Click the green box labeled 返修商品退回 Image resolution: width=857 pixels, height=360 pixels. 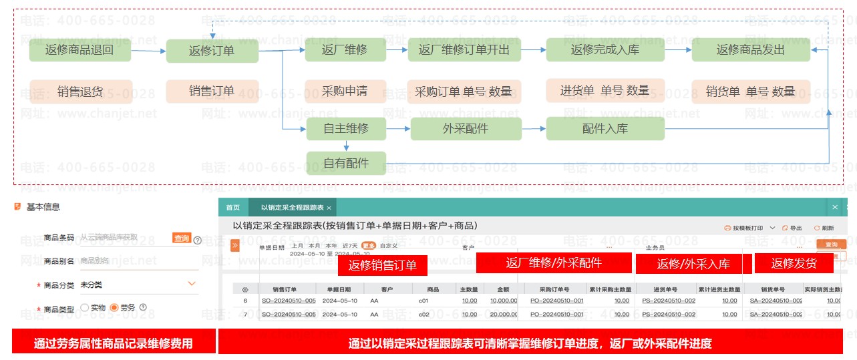[x=79, y=50]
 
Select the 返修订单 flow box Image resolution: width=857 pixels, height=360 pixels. [x=212, y=51]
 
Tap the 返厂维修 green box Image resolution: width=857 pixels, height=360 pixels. [x=345, y=50]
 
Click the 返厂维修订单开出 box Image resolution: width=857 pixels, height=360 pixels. [x=464, y=50]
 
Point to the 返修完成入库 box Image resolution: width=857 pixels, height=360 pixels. [x=605, y=50]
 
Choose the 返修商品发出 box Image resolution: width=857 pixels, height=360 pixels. [x=750, y=50]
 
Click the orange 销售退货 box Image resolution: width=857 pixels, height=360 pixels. [x=80, y=92]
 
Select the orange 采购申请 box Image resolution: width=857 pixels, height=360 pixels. [x=345, y=92]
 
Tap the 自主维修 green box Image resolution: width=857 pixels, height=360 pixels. [x=346, y=128]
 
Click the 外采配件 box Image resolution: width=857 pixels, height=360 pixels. [x=465, y=128]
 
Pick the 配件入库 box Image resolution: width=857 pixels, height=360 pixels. [x=605, y=128]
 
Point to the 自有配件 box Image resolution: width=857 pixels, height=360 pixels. [x=346, y=163]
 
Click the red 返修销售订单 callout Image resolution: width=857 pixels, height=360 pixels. [x=382, y=266]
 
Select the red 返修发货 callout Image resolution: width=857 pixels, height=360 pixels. [x=794, y=263]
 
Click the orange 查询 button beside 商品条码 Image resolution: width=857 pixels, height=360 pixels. [x=181, y=238]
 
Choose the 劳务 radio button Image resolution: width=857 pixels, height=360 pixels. [x=114, y=307]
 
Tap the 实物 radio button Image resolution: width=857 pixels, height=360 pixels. [x=84, y=307]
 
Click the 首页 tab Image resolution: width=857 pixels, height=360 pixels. [x=232, y=208]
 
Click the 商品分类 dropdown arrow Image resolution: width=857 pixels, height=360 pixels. [x=192, y=284]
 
